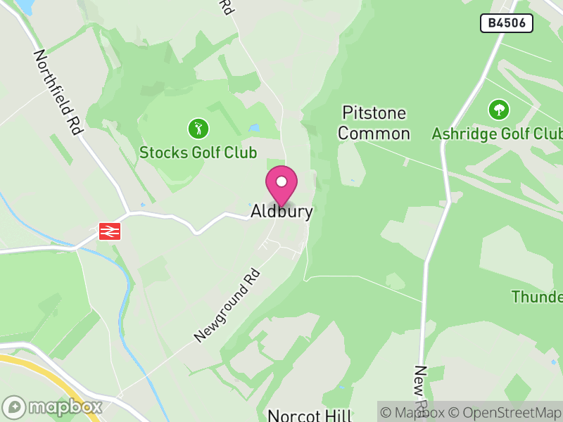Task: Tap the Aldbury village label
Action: point(281,212)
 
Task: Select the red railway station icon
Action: point(110,231)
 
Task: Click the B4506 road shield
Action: point(507,23)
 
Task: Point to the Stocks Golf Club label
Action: point(198,152)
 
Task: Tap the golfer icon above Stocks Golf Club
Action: point(198,129)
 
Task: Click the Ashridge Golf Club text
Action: point(497,134)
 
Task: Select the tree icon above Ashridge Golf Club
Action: point(498,109)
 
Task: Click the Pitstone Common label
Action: point(374,123)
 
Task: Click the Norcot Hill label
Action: point(309,415)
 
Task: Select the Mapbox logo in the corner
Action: point(53,407)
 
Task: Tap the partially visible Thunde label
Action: point(537,297)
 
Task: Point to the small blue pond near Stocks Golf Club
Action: point(253,129)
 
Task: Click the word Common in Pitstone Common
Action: point(374,134)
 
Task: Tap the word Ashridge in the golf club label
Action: point(461,134)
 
